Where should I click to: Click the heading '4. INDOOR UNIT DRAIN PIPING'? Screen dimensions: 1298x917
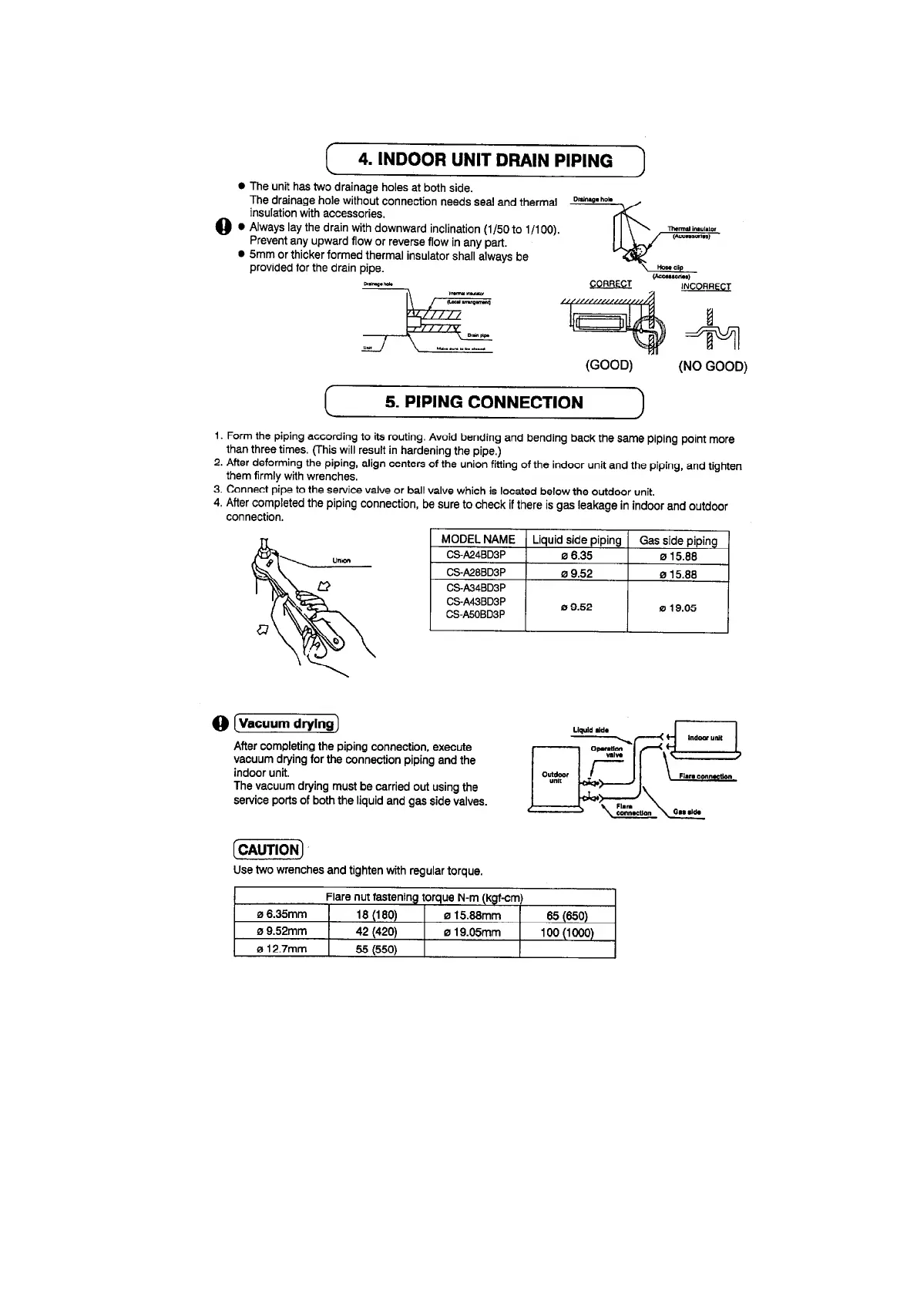485,161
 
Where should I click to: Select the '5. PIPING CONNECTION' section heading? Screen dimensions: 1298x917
484,402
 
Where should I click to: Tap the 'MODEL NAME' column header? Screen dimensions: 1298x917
478,540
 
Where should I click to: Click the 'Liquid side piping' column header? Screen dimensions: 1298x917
576,540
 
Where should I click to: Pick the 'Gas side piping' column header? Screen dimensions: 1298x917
678,540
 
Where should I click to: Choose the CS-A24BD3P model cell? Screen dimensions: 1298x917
476,556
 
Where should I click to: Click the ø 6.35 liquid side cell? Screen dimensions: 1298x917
576,556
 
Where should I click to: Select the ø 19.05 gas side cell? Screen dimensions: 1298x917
678,607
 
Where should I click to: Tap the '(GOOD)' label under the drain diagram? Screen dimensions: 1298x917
609,365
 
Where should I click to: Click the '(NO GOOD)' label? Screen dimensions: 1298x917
713,366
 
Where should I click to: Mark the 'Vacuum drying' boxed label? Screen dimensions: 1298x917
287,723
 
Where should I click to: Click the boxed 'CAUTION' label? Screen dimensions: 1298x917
268,849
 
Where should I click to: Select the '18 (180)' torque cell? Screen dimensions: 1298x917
376,915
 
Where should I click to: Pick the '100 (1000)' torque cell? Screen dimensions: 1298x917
567,932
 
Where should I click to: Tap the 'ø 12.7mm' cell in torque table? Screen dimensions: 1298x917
281,949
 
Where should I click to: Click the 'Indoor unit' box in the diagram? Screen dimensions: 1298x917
705,738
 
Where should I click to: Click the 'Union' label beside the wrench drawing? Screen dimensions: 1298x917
341,560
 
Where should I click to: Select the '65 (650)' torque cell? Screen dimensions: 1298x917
567,915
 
